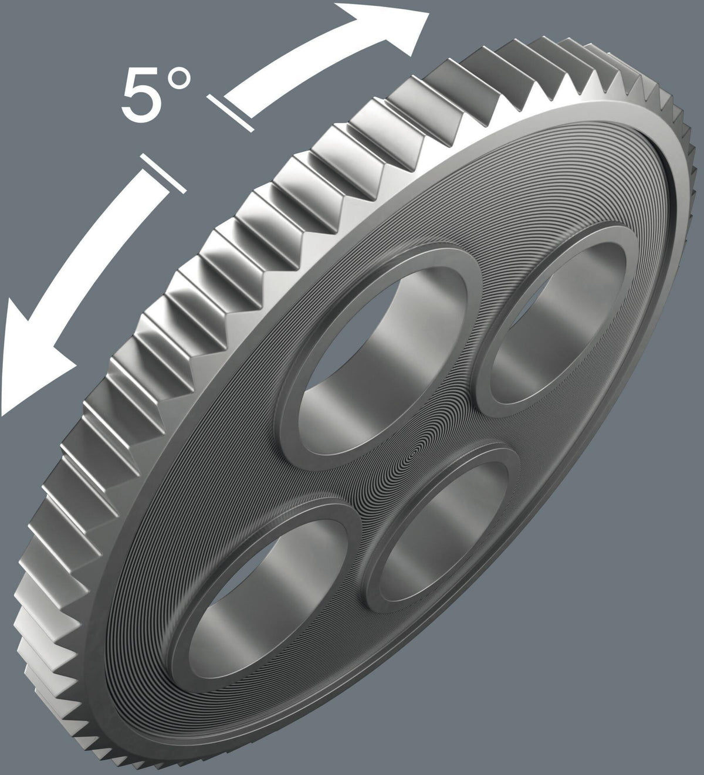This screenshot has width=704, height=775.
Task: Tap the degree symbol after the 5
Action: (x=179, y=79)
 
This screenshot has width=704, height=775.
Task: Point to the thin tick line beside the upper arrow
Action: (x=231, y=113)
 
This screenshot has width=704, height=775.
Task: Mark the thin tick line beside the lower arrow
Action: (x=164, y=173)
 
